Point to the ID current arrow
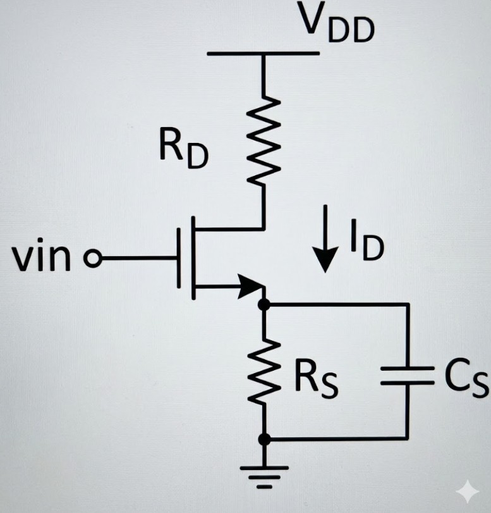point(326,238)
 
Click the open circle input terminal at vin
point(93,259)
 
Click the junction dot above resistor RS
point(264,305)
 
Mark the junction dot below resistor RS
point(264,438)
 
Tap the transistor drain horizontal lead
point(228,228)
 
